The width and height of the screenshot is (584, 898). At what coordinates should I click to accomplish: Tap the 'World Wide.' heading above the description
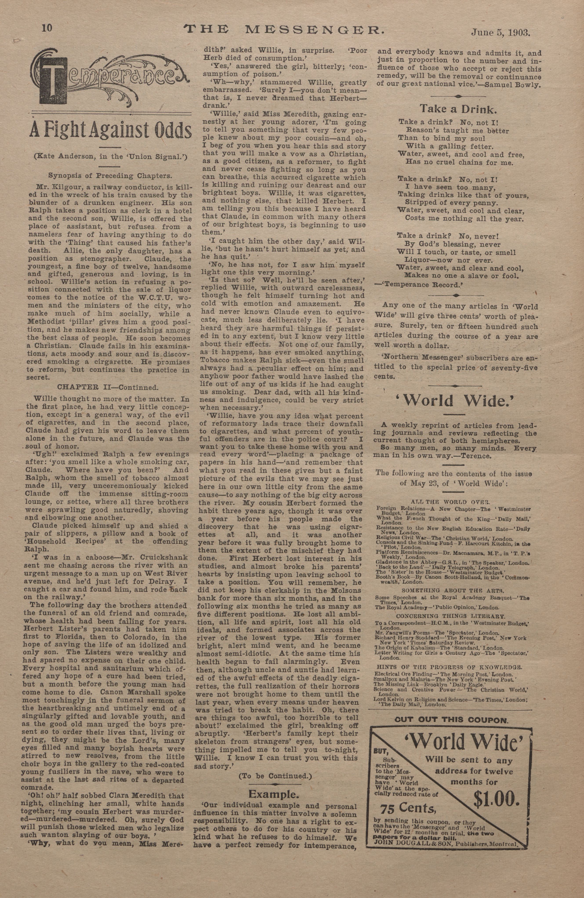click(x=456, y=401)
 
